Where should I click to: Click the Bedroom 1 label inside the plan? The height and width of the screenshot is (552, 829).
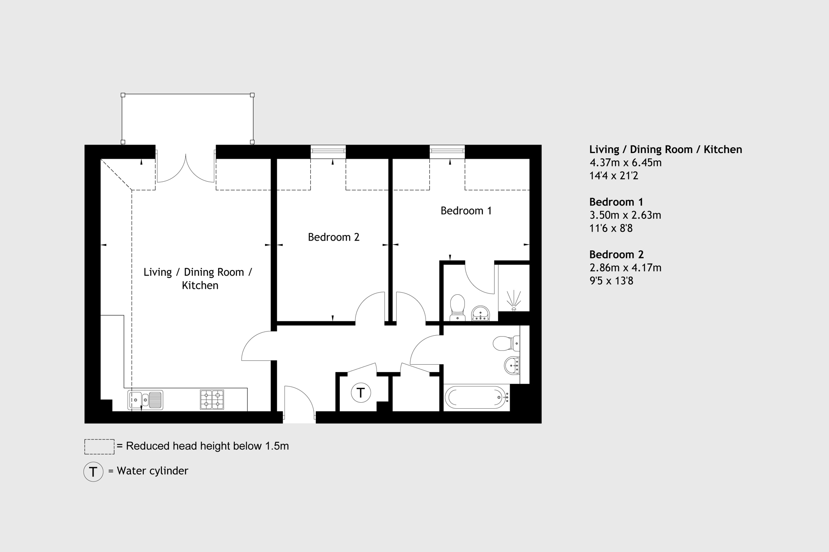(466, 211)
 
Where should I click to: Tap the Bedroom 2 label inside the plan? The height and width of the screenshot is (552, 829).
(333, 237)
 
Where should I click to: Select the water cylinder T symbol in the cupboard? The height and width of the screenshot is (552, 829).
(361, 393)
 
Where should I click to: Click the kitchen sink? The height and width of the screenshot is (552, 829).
(145, 400)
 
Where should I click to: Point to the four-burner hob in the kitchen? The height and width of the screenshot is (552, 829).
(212, 400)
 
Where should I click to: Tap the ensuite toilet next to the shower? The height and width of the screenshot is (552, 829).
(457, 307)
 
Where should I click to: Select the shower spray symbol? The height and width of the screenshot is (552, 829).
(514, 300)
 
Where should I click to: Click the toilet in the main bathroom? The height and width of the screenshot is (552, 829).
(506, 343)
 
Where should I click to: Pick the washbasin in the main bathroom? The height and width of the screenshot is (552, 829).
(512, 366)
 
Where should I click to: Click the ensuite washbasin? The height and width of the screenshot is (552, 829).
(481, 314)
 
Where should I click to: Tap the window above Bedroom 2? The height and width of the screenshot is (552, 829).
(328, 151)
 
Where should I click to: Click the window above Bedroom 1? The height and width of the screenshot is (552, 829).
(447, 151)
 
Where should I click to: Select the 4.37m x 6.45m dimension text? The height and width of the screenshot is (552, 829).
(625, 163)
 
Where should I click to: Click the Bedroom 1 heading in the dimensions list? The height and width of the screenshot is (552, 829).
(616, 202)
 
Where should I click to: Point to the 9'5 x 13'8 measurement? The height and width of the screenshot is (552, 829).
(611, 281)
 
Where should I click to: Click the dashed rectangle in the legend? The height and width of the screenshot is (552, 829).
(99, 447)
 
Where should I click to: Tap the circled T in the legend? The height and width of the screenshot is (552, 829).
(93, 472)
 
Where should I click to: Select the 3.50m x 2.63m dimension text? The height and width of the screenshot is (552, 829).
(625, 215)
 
